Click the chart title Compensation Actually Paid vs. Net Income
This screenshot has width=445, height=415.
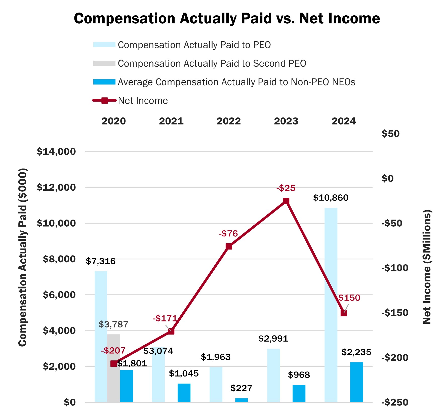[227, 19]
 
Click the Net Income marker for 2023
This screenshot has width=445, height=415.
[286, 201]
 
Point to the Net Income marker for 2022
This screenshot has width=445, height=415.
[229, 246]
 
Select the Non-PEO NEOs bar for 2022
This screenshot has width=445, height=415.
[241, 400]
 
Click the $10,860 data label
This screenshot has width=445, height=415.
[331, 198]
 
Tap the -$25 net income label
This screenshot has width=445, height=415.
[286, 188]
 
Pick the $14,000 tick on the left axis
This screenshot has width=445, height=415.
[56, 152]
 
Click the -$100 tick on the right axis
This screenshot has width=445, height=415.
[395, 268]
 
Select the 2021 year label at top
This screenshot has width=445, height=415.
[171, 121]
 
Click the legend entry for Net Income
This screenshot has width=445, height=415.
[143, 101]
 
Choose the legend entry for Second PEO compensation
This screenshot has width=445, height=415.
[212, 64]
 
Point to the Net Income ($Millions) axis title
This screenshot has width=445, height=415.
[427, 267]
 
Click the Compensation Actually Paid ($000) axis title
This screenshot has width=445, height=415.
[23, 257]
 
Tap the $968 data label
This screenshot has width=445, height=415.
[299, 375]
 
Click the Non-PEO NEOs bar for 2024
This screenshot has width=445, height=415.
[356, 382]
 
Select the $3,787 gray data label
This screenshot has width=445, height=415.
[113, 324]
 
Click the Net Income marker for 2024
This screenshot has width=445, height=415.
[344, 313]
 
